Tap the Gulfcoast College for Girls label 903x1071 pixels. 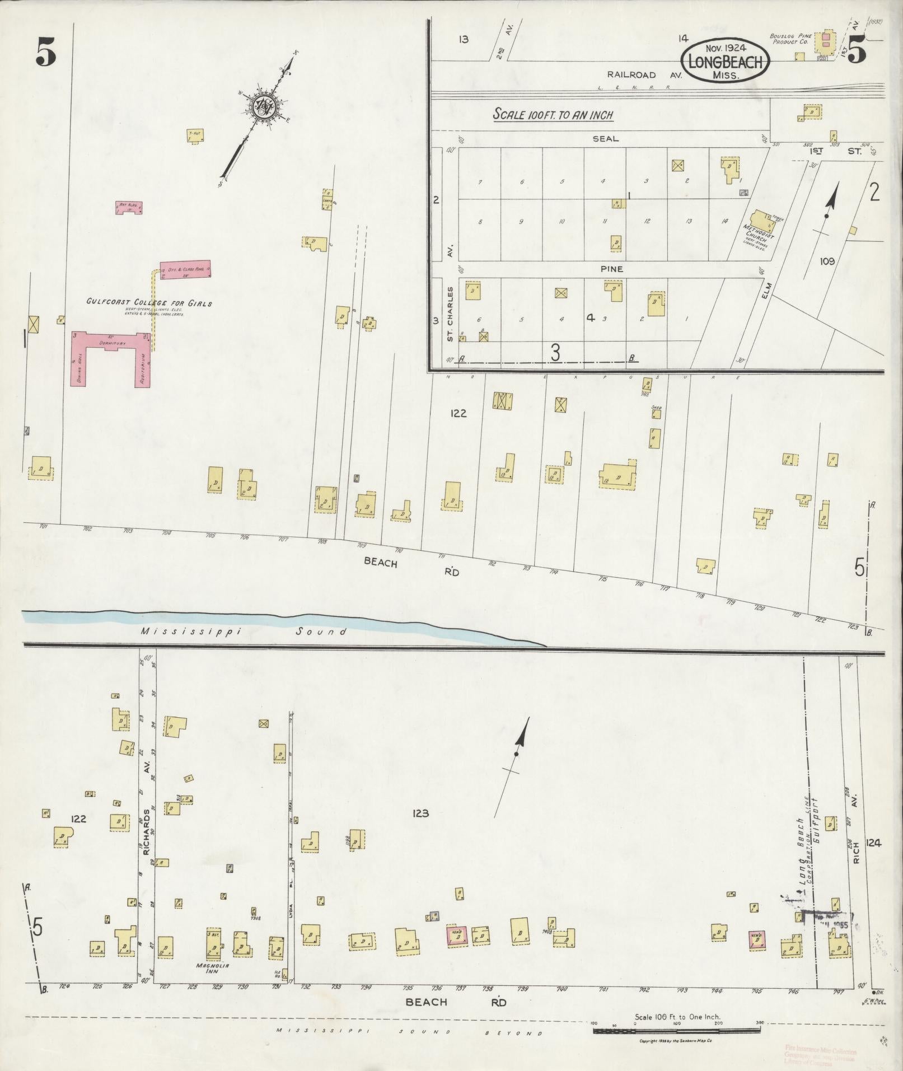(149, 303)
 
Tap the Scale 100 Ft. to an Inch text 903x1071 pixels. (553, 115)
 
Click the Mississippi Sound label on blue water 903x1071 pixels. (244, 632)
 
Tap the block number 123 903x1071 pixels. (419, 813)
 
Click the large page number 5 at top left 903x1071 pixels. (46, 54)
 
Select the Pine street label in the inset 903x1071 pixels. (611, 269)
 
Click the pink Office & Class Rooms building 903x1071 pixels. (185, 269)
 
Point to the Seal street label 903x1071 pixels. (606, 139)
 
